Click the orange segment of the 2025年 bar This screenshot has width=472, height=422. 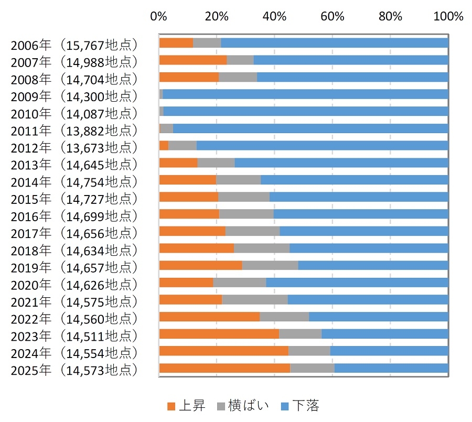(x=224, y=368)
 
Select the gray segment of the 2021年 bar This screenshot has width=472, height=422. (x=255, y=299)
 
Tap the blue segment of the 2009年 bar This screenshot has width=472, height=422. (x=305, y=94)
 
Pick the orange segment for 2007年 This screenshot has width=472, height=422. (x=193, y=60)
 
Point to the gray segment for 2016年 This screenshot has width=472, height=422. (x=246, y=214)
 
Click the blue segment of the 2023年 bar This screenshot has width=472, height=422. (x=385, y=334)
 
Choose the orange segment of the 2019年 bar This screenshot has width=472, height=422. (x=200, y=265)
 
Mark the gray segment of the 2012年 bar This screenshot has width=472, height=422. (x=183, y=146)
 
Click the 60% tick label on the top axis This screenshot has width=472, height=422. (x=332, y=16)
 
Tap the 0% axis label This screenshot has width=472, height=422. (x=158, y=16)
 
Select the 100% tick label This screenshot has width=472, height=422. (x=448, y=16)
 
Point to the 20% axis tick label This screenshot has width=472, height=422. (x=217, y=16)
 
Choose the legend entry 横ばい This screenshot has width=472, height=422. (x=243, y=405)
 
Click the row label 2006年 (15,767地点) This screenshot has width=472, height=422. (x=74, y=45)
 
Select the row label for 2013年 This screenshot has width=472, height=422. (x=74, y=164)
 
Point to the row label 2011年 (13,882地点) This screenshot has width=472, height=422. (x=74, y=130)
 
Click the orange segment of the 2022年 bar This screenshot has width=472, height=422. (x=209, y=317)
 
